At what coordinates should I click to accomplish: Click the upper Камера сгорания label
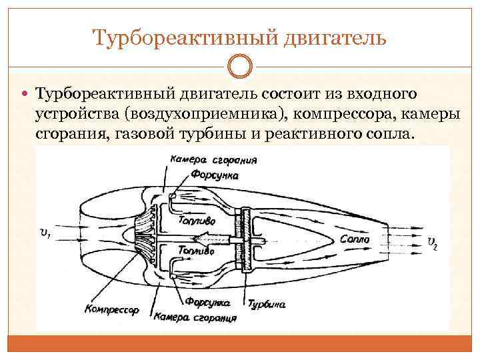[213, 161]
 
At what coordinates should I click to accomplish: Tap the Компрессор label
[111, 309]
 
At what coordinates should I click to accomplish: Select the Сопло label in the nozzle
[355, 239]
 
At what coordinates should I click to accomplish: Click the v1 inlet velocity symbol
[45, 232]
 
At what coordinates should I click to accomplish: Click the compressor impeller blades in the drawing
[144, 237]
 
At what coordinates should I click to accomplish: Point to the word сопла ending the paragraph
[387, 135]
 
